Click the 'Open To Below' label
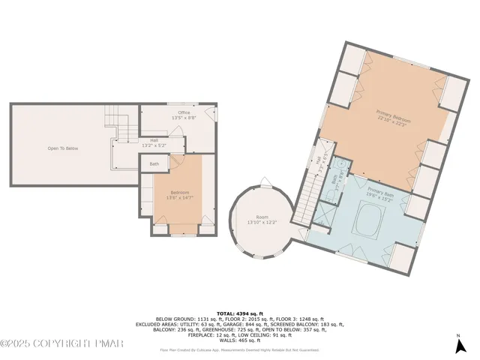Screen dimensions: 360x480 coord(63,148)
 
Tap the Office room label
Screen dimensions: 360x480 coord(184,115)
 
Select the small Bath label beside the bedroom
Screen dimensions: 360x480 coord(154,163)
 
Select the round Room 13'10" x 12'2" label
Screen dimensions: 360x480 coord(262,220)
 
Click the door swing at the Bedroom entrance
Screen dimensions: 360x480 coord(177,160)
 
